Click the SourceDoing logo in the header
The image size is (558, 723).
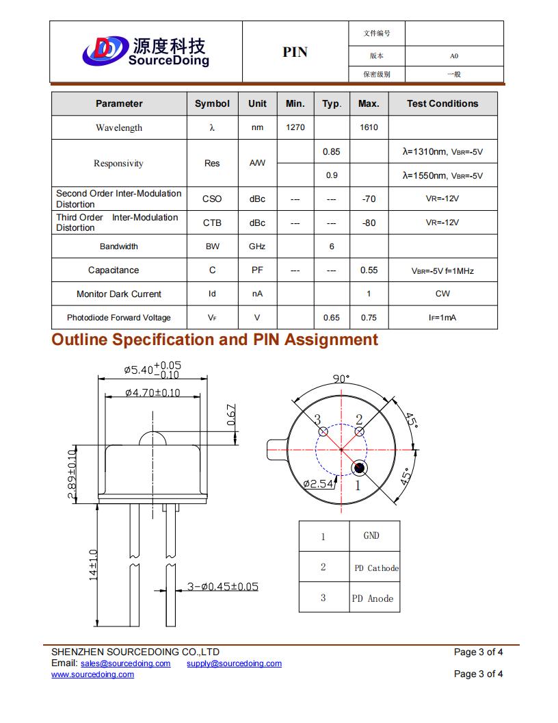point(145,51)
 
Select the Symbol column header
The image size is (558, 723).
point(212,104)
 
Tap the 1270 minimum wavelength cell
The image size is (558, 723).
point(295,127)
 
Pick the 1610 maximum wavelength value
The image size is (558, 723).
point(369,127)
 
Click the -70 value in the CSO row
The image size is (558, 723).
point(369,199)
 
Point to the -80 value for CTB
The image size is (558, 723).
point(369,223)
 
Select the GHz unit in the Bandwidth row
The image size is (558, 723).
point(257,246)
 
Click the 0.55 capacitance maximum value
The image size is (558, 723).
point(369,270)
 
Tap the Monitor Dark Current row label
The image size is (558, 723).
point(119,294)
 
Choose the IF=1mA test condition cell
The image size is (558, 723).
point(442,318)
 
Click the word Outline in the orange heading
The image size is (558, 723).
point(79,340)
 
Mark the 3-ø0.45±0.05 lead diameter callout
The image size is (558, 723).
point(223,587)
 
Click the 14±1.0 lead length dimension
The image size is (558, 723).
point(94,565)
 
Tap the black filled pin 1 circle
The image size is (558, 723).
point(359,468)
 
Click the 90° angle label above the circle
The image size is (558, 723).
point(341,379)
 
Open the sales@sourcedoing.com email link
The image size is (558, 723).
point(125,663)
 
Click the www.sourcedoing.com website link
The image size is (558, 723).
point(93,674)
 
